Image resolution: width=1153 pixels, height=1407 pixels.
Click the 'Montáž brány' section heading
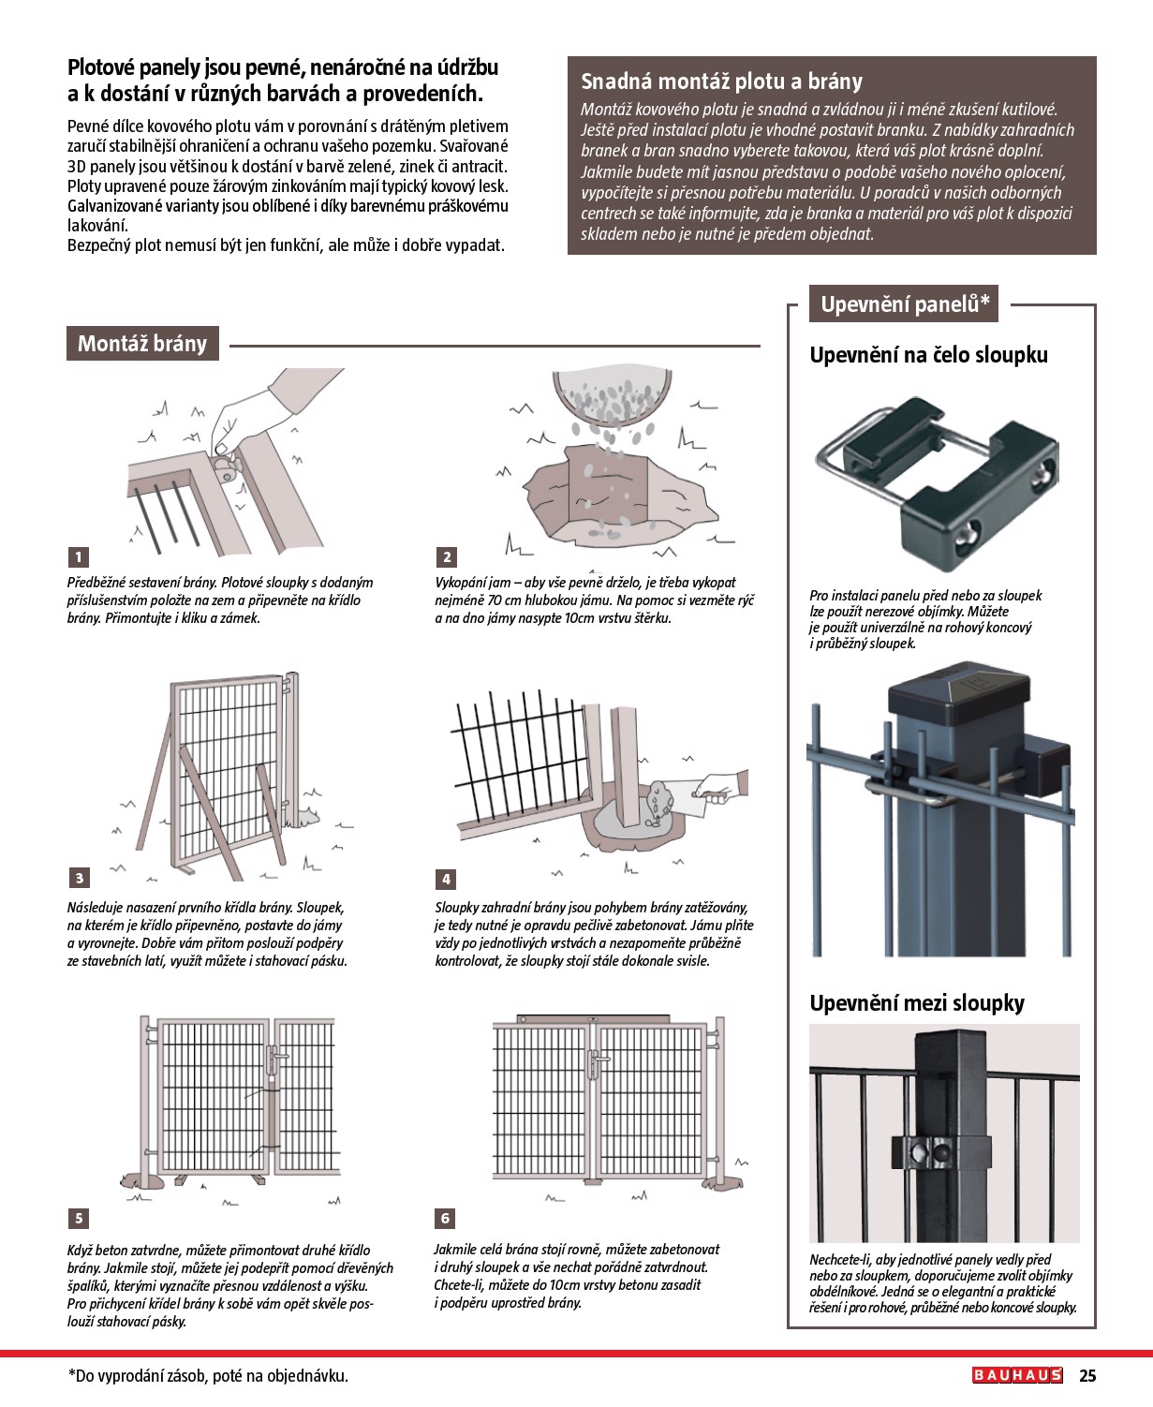(142, 344)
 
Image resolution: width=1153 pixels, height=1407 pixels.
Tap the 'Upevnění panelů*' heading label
(904, 304)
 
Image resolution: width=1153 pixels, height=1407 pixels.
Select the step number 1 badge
(79, 557)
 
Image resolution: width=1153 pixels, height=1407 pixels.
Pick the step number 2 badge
(447, 557)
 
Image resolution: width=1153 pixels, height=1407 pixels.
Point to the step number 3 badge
(79, 878)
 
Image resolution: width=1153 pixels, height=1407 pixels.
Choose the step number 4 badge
(447, 879)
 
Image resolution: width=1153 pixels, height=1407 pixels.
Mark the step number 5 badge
(79, 1218)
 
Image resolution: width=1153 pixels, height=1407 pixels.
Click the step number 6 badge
(446, 1218)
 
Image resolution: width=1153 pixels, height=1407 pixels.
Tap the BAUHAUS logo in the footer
(1017, 1375)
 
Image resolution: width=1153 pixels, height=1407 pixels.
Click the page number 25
(1086, 1376)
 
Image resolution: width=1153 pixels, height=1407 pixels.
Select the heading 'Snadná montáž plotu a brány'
(721, 81)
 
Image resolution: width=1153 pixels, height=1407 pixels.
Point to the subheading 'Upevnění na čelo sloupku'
(928, 355)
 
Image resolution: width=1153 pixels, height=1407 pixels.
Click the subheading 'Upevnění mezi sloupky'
(917, 1003)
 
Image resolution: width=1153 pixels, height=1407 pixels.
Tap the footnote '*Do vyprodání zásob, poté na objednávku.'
(208, 1376)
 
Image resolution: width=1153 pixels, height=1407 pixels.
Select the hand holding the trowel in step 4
(724, 789)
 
